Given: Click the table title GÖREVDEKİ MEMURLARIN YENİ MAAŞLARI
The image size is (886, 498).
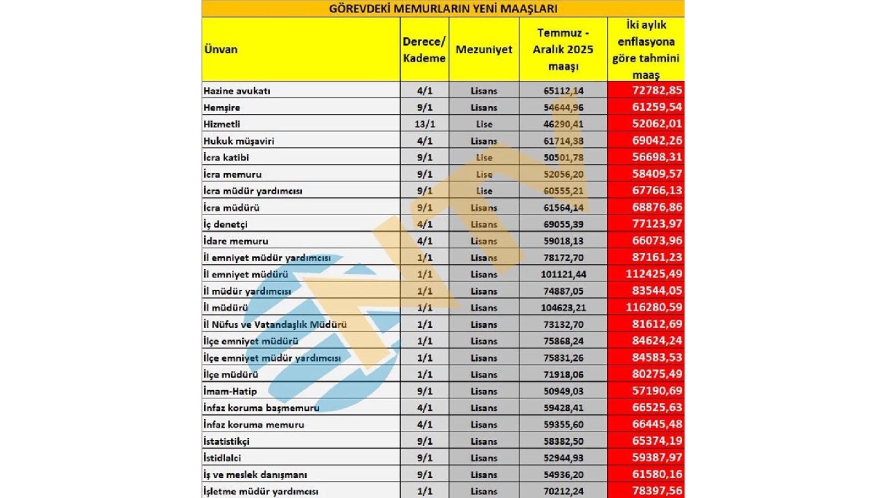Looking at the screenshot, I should (x=442, y=9).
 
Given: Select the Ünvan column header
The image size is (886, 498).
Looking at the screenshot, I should (x=221, y=49).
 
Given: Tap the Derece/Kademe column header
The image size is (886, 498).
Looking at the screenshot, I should (x=424, y=50).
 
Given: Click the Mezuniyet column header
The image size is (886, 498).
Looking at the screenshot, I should (x=484, y=50).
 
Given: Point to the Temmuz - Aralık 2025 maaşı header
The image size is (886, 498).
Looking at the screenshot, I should (x=563, y=50).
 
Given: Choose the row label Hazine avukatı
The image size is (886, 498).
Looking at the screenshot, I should (x=237, y=91).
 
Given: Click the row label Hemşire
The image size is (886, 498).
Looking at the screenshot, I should (x=223, y=107).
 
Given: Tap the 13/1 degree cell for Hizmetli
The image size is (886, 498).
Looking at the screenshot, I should (x=424, y=124).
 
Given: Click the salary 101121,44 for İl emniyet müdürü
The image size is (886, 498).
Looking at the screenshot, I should (x=563, y=275).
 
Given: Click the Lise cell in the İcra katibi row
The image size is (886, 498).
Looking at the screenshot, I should (x=484, y=158).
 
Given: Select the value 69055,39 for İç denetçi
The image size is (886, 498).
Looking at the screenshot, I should (x=563, y=225).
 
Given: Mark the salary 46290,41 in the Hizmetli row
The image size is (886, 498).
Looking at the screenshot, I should (x=563, y=124).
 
